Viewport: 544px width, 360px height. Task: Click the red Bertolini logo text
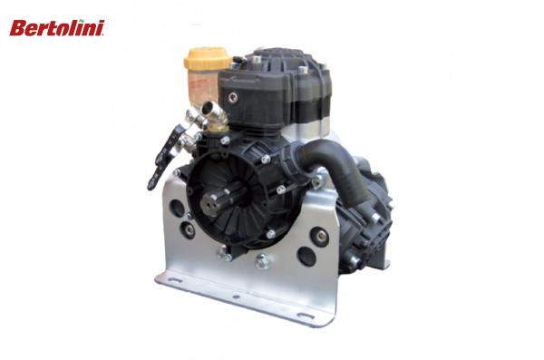point(55,28)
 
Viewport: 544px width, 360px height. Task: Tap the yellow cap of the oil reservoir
point(201,61)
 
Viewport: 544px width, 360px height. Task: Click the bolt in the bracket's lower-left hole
point(186,230)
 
